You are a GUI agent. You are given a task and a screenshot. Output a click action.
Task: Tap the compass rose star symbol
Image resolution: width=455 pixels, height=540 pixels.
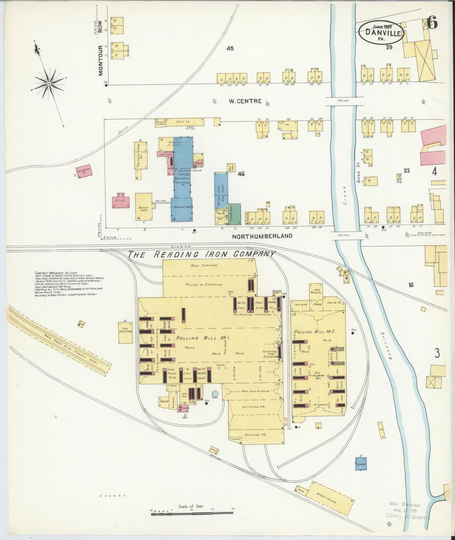click(49, 83)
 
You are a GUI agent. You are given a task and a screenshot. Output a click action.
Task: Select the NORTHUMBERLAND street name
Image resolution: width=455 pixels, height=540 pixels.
click(262, 236)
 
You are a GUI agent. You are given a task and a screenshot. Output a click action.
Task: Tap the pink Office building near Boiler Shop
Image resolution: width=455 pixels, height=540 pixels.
click(121, 201)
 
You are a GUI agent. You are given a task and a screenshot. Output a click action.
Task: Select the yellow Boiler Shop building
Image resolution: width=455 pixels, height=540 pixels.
click(144, 207)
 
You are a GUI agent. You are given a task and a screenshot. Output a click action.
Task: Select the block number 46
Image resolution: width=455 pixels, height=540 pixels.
click(241, 174)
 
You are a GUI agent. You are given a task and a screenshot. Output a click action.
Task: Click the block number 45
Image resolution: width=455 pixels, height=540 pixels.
click(230, 49)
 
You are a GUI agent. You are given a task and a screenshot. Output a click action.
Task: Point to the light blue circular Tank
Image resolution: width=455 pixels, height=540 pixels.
click(215, 394)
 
